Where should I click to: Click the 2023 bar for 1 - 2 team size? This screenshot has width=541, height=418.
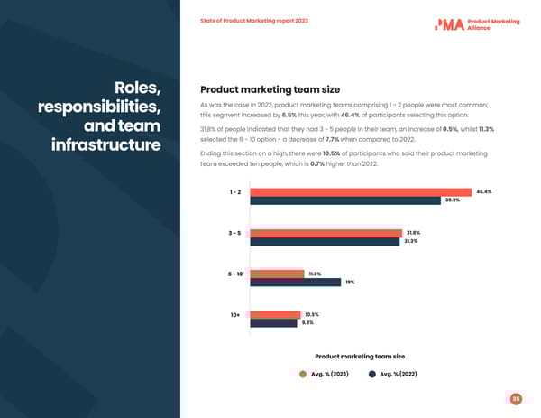(361, 192)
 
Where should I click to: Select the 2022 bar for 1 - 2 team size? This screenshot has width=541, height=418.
(345, 201)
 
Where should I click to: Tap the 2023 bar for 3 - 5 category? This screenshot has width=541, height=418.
(326, 233)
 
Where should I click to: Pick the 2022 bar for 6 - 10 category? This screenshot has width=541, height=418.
(295, 283)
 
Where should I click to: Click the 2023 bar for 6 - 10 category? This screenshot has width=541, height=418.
(277, 274)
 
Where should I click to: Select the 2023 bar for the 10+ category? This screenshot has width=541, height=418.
(275, 314)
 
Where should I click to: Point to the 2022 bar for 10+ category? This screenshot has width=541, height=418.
(273, 323)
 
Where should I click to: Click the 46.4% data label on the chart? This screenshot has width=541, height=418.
(483, 191)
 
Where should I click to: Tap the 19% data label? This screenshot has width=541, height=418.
(350, 283)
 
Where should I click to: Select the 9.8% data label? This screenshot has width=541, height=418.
(307, 323)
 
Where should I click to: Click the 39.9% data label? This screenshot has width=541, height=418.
(453, 200)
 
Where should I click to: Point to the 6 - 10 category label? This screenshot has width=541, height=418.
(234, 274)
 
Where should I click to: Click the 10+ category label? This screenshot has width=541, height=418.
(234, 314)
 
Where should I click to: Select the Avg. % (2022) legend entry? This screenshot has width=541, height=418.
(392, 374)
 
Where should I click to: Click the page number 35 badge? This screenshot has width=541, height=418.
(516, 399)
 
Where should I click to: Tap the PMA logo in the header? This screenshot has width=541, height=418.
(449, 24)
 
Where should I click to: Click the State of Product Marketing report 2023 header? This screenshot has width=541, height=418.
(253, 21)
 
